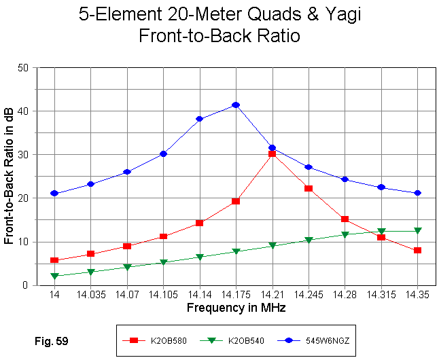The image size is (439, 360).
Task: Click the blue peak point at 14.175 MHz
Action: [x=236, y=105]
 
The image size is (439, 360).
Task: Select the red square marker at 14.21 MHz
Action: [x=272, y=154]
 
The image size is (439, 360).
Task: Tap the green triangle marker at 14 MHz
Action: [x=54, y=276]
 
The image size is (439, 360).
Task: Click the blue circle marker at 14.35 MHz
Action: [x=417, y=193]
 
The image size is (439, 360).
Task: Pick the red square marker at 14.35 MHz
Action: [x=417, y=250]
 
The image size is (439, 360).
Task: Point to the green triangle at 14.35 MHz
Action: [x=417, y=231]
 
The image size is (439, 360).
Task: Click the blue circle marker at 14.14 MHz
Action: [x=200, y=119]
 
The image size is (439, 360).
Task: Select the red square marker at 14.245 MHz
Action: [x=309, y=188]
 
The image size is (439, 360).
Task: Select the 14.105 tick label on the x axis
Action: [x=163, y=295]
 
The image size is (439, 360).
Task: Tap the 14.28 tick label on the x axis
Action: [x=345, y=295]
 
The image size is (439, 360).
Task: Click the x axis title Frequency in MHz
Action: [x=236, y=308]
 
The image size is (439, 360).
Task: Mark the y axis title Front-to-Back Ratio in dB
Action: [x=9, y=176]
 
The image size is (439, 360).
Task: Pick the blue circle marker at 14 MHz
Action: [x=54, y=194]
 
